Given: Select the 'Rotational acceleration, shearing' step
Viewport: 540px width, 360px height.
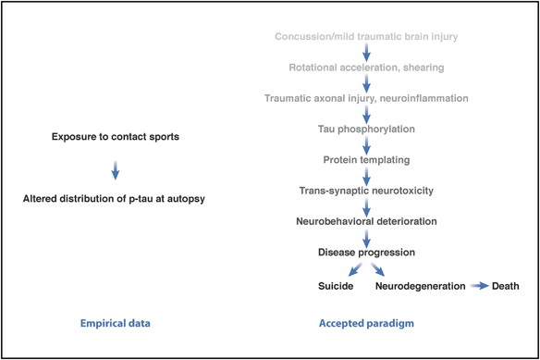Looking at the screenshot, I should (366, 68).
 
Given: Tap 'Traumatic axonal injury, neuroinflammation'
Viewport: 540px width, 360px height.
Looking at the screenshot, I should (366, 98).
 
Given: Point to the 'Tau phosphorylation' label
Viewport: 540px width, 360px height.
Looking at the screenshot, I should (366, 129).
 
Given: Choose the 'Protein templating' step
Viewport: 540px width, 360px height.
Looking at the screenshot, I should (366, 160).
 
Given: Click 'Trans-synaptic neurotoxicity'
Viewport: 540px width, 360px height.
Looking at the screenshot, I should (366, 191).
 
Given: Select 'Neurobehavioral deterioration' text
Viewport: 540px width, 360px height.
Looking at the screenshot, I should (366, 221).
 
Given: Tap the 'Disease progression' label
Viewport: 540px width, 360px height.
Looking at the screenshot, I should (366, 252).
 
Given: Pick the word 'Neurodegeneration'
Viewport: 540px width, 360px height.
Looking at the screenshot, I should (420, 286).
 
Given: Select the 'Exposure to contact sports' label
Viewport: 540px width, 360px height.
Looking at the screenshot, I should (116, 137).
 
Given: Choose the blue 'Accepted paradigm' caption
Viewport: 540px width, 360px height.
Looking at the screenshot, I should (365, 324).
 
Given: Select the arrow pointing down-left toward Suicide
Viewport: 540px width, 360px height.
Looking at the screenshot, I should (350, 269).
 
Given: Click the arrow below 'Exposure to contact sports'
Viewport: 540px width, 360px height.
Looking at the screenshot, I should (116, 169).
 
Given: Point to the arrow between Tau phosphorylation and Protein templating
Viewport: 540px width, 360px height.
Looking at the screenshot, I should (366, 144).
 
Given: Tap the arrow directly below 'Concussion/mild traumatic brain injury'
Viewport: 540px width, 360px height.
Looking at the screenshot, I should (366, 53).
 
